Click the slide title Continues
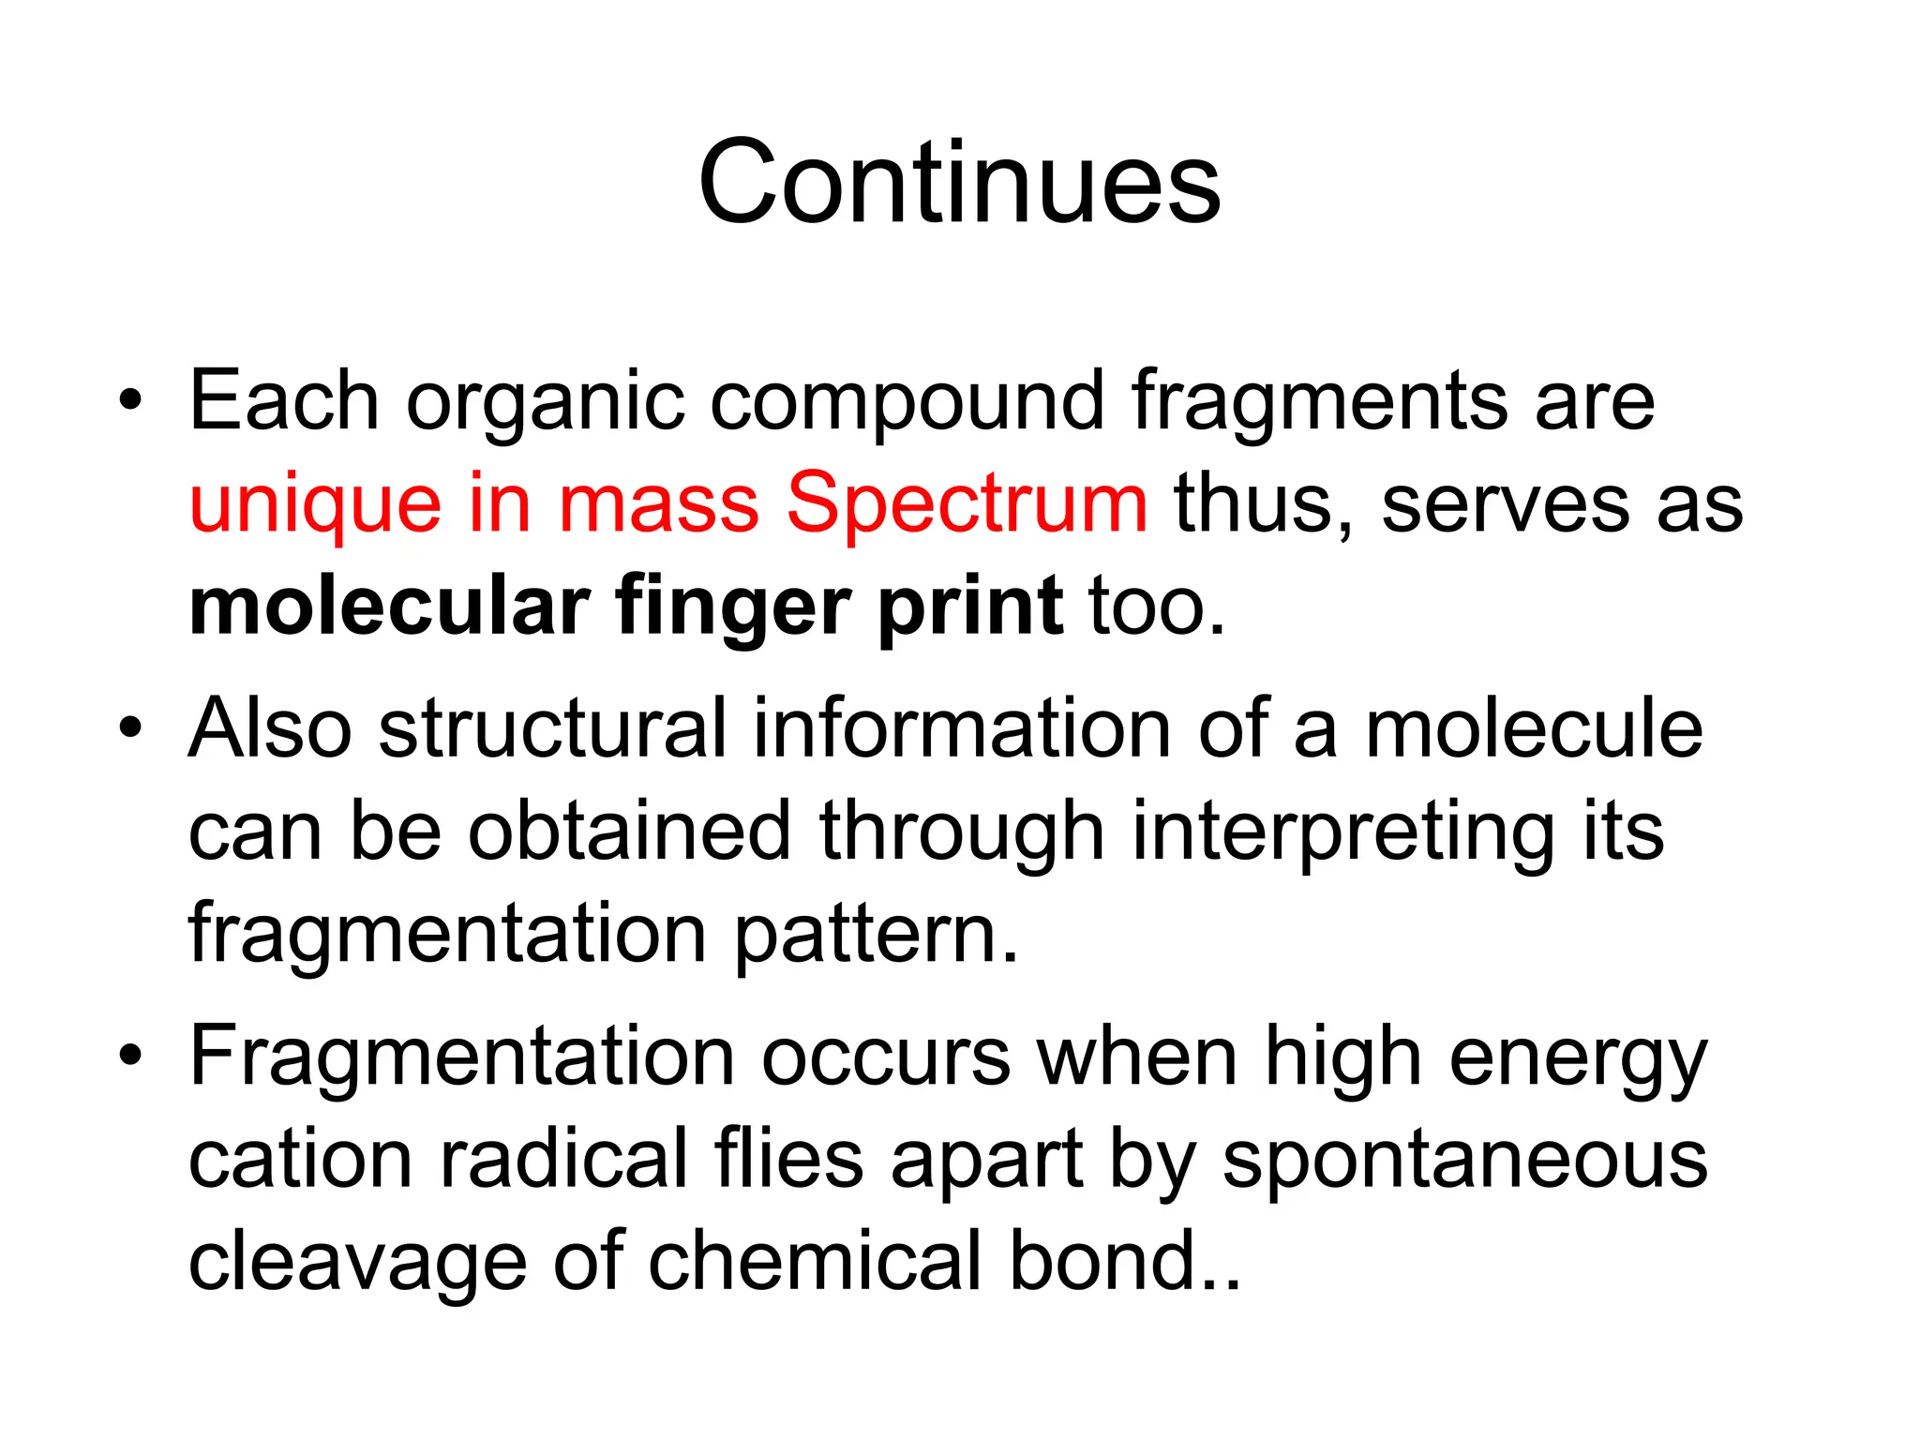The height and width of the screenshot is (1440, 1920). pos(959,182)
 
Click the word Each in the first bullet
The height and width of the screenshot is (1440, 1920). pos(283,401)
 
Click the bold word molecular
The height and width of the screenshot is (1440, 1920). pos(389,607)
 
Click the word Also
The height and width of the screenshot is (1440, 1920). pos(270,728)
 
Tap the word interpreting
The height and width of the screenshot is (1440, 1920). pos(1342,832)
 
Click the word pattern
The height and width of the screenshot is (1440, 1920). pos(876,936)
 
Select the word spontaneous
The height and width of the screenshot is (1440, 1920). pos(1464,1161)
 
